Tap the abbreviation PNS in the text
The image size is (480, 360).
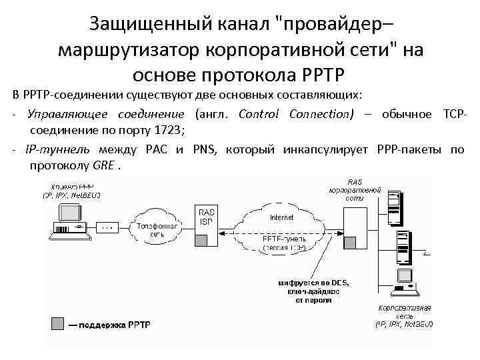(x=205, y=149)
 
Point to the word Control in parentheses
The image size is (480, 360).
(x=261, y=114)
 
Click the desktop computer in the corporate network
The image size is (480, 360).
(x=403, y=280)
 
